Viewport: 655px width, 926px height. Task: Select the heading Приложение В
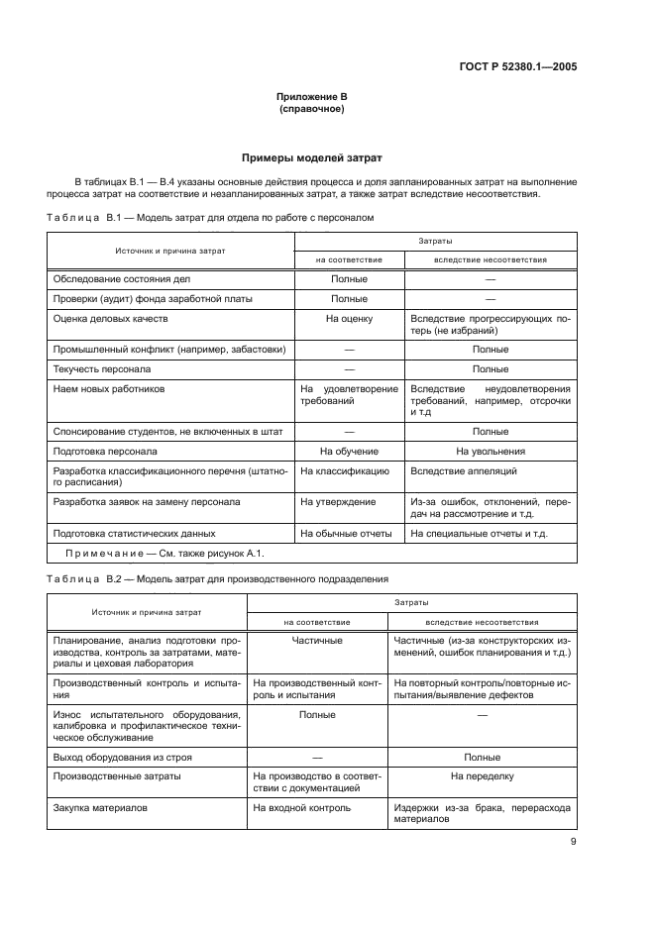click(x=312, y=97)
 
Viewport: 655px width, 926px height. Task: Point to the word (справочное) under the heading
click(x=312, y=109)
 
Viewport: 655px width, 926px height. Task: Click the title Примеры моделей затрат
click(x=312, y=157)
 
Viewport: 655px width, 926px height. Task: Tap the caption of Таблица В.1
click(x=210, y=217)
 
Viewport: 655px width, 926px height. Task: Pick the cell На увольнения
click(x=490, y=450)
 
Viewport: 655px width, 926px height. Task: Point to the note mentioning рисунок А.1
click(x=164, y=554)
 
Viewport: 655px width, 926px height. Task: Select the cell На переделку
click(x=482, y=776)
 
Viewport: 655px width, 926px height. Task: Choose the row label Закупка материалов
click(x=100, y=808)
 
